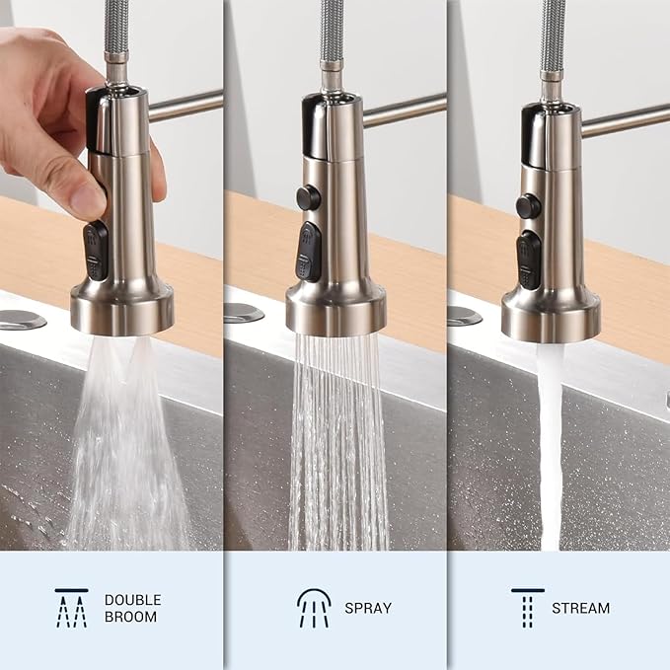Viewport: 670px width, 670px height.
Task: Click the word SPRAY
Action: tap(368, 608)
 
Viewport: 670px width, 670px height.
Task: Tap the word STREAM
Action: tap(580, 608)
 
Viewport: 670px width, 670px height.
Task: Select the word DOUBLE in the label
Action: tap(132, 599)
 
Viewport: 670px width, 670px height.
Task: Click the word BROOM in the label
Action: tap(130, 617)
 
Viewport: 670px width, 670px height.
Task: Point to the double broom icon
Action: tap(71, 607)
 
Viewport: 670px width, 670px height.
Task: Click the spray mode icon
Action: tap(314, 607)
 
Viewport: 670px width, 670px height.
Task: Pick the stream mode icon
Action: tap(528, 607)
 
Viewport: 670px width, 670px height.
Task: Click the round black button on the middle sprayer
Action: tap(309, 197)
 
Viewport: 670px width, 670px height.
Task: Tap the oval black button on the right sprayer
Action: tap(530, 259)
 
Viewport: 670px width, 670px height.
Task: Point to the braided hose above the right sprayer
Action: tap(553, 39)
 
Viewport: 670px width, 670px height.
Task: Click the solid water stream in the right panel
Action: tap(550, 444)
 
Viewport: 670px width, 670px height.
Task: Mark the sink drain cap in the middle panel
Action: tap(243, 313)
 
